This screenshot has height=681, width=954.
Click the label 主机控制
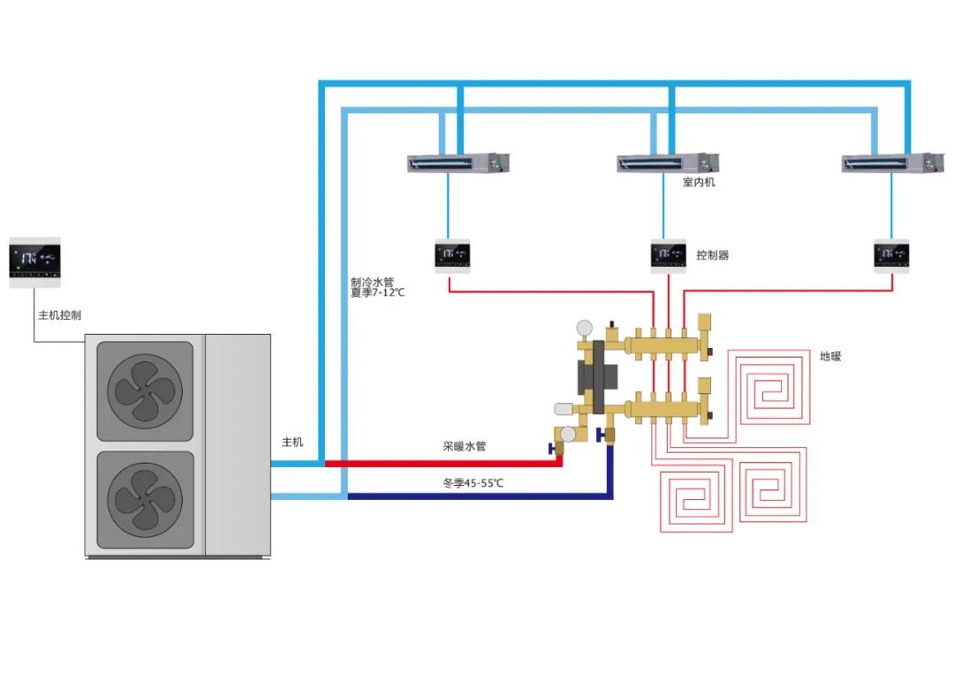pyautogui.click(x=59, y=315)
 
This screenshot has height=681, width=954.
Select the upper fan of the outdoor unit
pyautogui.click(x=144, y=390)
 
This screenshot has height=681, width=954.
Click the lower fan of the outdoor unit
pyautogui.click(x=144, y=500)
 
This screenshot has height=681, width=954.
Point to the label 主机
pyautogui.click(x=292, y=442)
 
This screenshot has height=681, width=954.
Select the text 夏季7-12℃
pyautogui.click(x=377, y=292)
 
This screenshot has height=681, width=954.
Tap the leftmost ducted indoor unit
pyautogui.click(x=458, y=163)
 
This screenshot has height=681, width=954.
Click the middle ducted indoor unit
pyautogui.click(x=668, y=163)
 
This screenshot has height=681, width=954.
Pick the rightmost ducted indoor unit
pyautogui.click(x=893, y=163)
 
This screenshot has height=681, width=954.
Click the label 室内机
pyautogui.click(x=699, y=182)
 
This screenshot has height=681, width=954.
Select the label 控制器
pyautogui.click(x=712, y=255)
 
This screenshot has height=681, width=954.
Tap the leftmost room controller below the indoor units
pyautogui.click(x=452, y=254)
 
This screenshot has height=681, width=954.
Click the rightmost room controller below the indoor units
pyautogui.click(x=891, y=254)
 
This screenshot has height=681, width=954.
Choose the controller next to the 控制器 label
pyautogui.click(x=669, y=254)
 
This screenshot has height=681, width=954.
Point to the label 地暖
pyautogui.click(x=830, y=356)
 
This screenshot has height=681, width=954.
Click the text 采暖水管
pyautogui.click(x=465, y=446)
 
